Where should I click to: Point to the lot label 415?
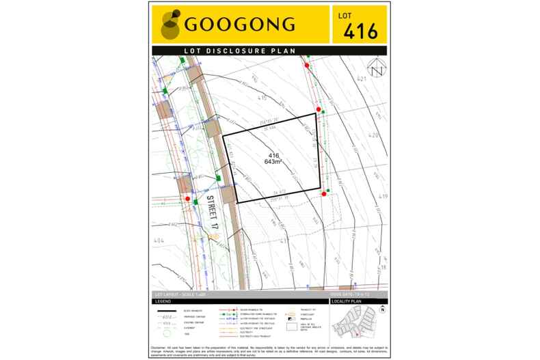point(261,98)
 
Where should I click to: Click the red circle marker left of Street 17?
point(187,199)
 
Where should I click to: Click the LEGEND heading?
point(163,301)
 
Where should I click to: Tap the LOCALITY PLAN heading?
point(347,301)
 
